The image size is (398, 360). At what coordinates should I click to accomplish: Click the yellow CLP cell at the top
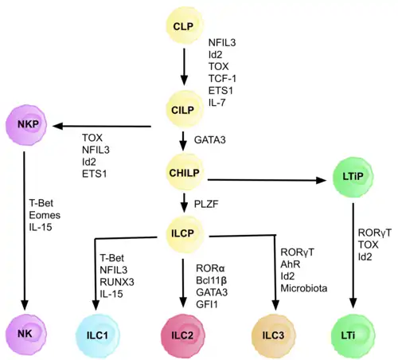click(183, 26)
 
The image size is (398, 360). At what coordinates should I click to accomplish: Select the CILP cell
click(183, 108)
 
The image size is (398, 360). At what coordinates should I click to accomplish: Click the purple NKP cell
click(25, 124)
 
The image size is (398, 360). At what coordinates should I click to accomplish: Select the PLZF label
click(205, 203)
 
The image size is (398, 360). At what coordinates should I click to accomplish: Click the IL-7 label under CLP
click(217, 103)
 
